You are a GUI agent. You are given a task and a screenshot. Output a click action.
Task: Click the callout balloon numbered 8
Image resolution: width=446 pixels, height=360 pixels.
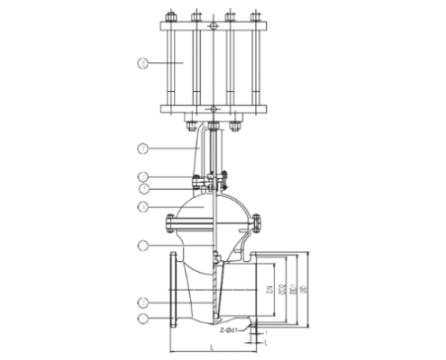(142, 62)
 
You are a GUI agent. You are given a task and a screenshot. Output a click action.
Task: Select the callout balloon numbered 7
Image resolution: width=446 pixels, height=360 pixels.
(142, 147)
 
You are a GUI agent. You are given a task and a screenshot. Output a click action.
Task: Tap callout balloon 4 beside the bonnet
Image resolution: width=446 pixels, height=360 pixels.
(142, 207)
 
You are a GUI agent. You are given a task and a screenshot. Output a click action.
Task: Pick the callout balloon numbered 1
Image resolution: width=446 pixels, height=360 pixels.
(142, 318)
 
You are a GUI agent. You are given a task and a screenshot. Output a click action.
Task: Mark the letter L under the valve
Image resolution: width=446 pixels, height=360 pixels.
(211, 347)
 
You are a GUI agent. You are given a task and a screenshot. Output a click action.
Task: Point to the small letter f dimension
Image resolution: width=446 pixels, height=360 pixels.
(267, 333)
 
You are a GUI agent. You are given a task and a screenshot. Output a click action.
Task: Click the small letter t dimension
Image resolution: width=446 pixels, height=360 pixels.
(267, 342)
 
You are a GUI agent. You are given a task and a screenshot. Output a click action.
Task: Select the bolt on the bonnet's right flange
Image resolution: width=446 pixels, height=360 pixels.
(258, 220)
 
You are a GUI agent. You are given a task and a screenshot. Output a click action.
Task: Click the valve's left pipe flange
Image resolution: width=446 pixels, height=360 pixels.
(171, 290)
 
